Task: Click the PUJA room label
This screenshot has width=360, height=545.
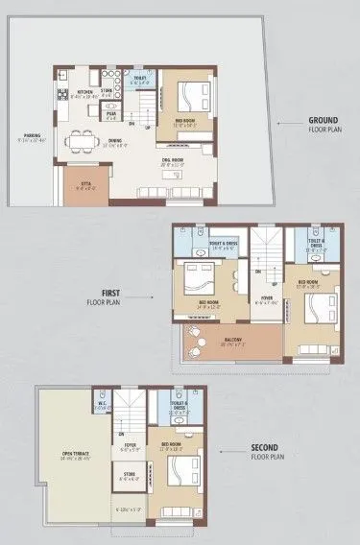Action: pos(111,113)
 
